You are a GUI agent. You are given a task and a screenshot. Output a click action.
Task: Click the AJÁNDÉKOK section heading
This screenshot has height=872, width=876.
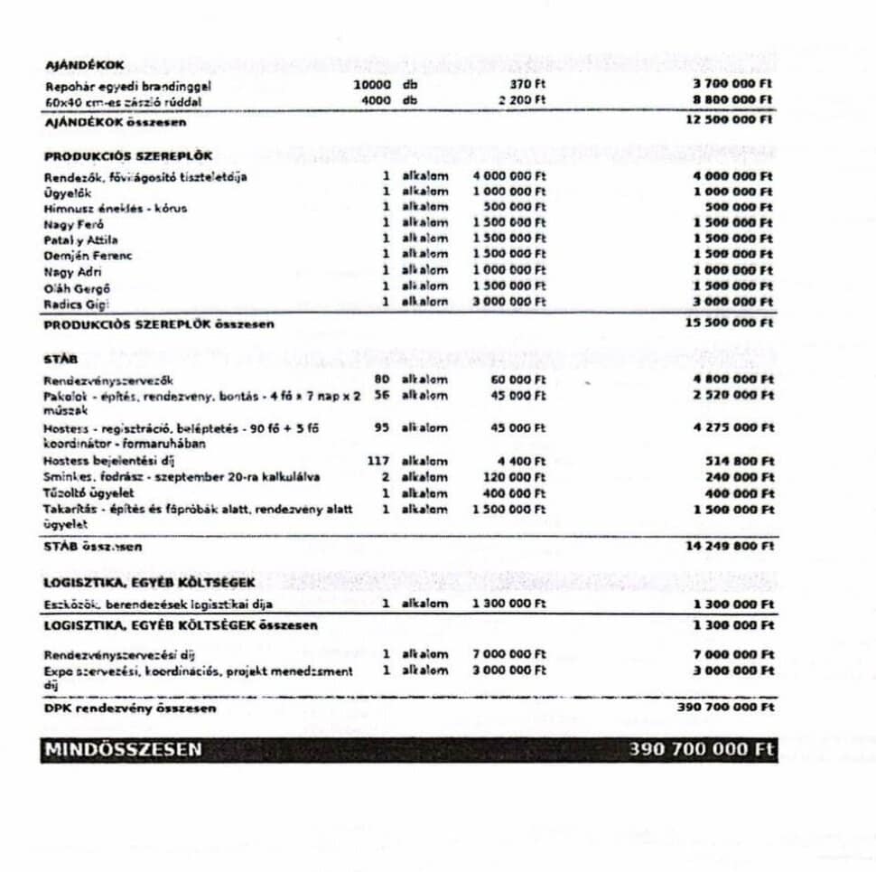tap(85, 66)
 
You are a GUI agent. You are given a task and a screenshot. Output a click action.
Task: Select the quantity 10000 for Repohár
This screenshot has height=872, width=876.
tap(373, 85)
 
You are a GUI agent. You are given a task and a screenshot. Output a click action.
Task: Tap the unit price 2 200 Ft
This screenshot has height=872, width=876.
tap(522, 100)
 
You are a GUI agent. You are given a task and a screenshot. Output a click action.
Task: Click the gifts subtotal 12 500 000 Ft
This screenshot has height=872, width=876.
tap(729, 119)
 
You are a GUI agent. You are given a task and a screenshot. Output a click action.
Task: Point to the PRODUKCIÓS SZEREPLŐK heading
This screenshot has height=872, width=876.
tap(128, 155)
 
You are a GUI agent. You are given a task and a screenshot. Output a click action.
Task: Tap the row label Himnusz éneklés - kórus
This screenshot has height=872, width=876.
tap(116, 208)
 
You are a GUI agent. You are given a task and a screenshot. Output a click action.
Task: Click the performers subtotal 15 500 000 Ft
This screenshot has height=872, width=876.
tap(729, 323)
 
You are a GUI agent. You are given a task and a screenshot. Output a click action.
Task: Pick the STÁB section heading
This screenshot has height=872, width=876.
tap(61, 359)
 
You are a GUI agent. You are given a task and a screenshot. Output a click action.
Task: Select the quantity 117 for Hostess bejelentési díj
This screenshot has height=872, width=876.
tap(377, 461)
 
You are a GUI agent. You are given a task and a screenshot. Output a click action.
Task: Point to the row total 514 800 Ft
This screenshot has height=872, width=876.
tap(740, 461)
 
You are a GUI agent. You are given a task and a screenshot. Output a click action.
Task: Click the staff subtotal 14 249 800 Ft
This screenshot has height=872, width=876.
tap(729, 546)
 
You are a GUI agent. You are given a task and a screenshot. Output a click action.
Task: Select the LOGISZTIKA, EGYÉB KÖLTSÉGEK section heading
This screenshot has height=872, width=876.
tap(149, 582)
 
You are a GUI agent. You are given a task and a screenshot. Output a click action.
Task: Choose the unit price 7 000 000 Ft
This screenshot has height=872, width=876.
tap(509, 653)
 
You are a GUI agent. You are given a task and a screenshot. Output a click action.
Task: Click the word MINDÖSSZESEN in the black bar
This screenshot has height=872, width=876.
tap(124, 750)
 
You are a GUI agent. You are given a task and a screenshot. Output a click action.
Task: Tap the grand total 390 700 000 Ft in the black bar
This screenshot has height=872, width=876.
tap(701, 750)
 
